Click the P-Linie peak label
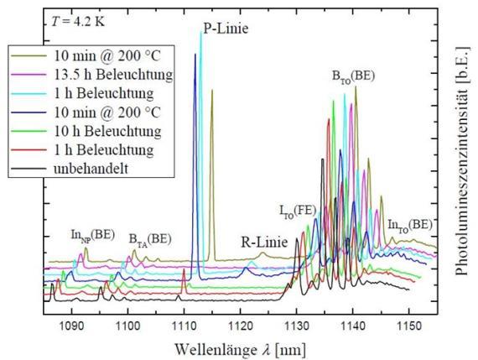pyautogui.click(x=226, y=29)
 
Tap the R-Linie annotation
pyautogui.click(x=264, y=243)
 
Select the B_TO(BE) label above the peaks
pyautogui.click(x=353, y=76)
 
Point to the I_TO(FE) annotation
pyautogui.click(x=298, y=211)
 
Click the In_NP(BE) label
pyautogui.click(x=93, y=235)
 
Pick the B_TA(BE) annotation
pyautogui.click(x=150, y=239)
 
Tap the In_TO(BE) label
pyautogui.click(x=410, y=225)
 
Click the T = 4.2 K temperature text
pyautogui.click(x=77, y=22)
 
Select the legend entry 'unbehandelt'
pyautogui.click(x=91, y=168)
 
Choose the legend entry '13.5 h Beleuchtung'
pyautogui.click(x=113, y=75)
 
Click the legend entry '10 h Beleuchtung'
pyautogui.click(x=107, y=131)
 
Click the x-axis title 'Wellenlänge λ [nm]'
pyautogui.click(x=240, y=349)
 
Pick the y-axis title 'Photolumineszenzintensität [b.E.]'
pyautogui.click(x=462, y=161)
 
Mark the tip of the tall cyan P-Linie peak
pyautogui.click(x=200, y=31)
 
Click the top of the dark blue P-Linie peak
pyautogui.click(x=195, y=54)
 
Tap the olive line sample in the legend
pyautogui.click(x=29, y=56)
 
